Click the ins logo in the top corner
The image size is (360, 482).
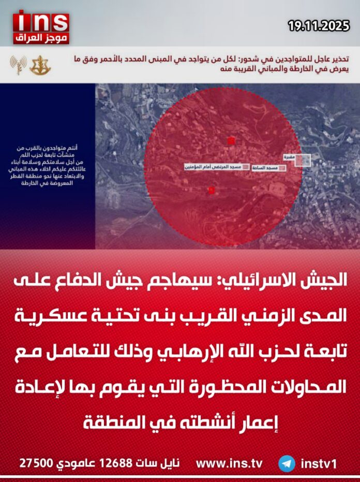[x=41, y=21]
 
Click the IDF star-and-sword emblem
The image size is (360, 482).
[x=40, y=66]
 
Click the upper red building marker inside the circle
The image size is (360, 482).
[x=231, y=140]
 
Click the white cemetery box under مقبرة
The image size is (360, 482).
[x=303, y=161]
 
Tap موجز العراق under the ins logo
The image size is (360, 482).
[x=41, y=39]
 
